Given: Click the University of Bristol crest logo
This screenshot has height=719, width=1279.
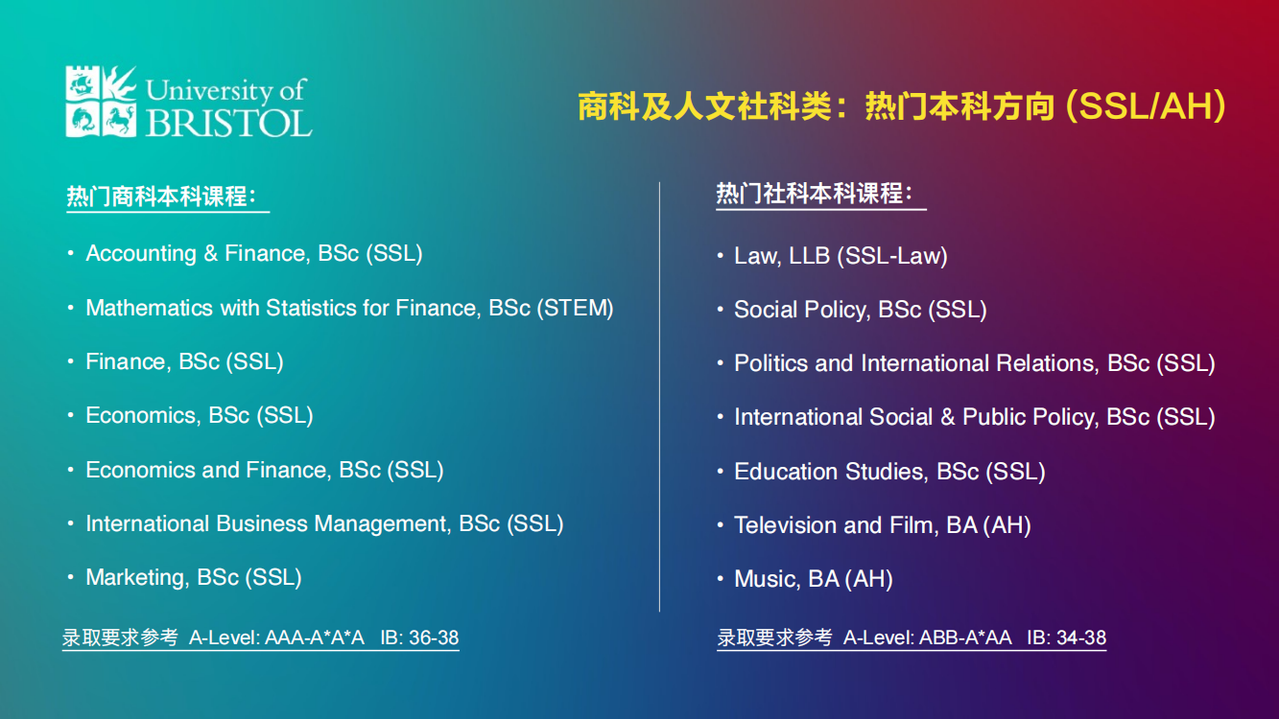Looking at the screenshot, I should [101, 101].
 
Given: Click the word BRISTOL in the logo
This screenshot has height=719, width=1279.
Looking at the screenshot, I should [229, 122].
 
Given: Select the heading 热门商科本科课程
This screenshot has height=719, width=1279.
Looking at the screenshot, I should [161, 197].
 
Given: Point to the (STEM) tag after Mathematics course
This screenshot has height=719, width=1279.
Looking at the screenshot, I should [575, 308].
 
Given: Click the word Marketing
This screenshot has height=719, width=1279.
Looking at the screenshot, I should [137, 577].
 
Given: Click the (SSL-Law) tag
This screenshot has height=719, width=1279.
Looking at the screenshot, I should [892, 256].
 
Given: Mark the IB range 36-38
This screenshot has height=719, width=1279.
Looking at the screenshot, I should [434, 638].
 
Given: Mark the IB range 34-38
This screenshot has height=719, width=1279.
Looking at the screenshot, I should [1081, 638].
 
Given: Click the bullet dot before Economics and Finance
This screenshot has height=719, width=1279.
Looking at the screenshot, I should [70, 470].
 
